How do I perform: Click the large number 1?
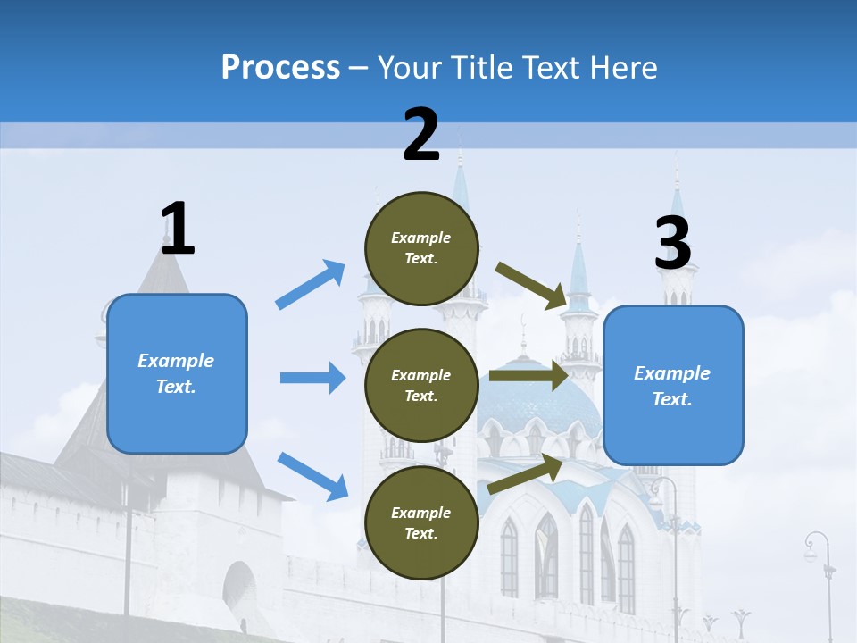point(178,229)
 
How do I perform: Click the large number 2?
point(421,135)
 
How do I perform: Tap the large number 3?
point(673,243)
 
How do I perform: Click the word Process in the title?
point(280,67)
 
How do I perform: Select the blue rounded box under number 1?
point(177,373)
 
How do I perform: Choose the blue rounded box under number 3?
point(673,385)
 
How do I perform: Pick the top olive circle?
point(421,248)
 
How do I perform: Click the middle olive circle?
point(421,385)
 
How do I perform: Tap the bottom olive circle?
point(421,522)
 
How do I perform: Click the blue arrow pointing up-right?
point(311,285)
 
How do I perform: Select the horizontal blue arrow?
point(312,378)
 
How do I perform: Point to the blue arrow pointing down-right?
point(312,476)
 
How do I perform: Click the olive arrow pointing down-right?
point(532,285)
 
